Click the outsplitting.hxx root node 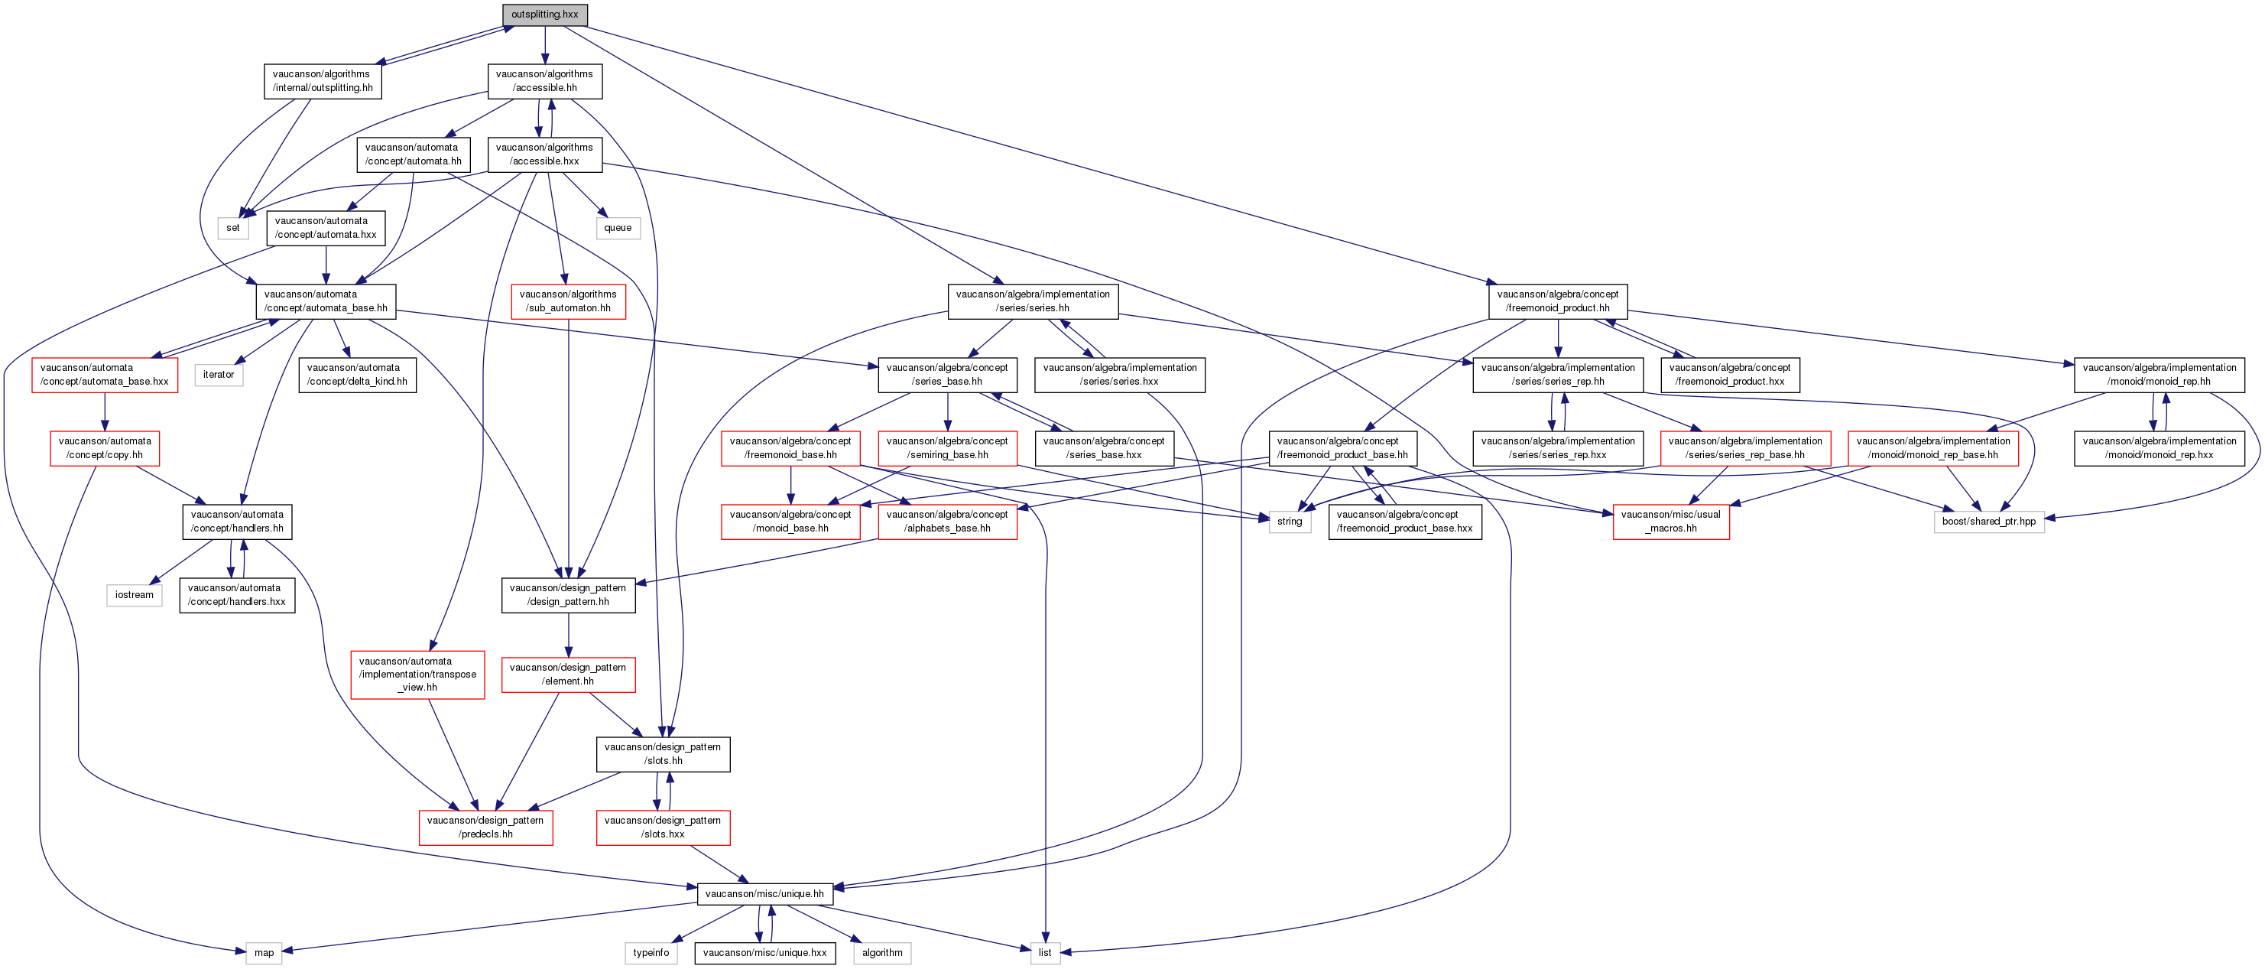pos(544,15)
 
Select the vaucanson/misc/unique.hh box pos(764,893)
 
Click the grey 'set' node pos(233,228)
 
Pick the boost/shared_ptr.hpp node pos(1988,522)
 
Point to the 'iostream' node pos(134,595)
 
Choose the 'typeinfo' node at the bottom pos(651,952)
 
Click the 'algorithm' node pos(882,952)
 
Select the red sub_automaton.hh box pos(568,301)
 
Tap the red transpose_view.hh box pos(417,675)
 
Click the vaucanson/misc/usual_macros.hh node pos(1670,522)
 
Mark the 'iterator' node pos(219,375)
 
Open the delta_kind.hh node pos(357,375)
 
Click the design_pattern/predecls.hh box pos(485,828)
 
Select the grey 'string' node pos(1289,522)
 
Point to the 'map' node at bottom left pos(264,952)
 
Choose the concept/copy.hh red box pos(105,448)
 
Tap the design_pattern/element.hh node pos(568,675)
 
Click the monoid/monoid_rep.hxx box pos(2159,448)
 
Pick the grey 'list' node pos(1044,952)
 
